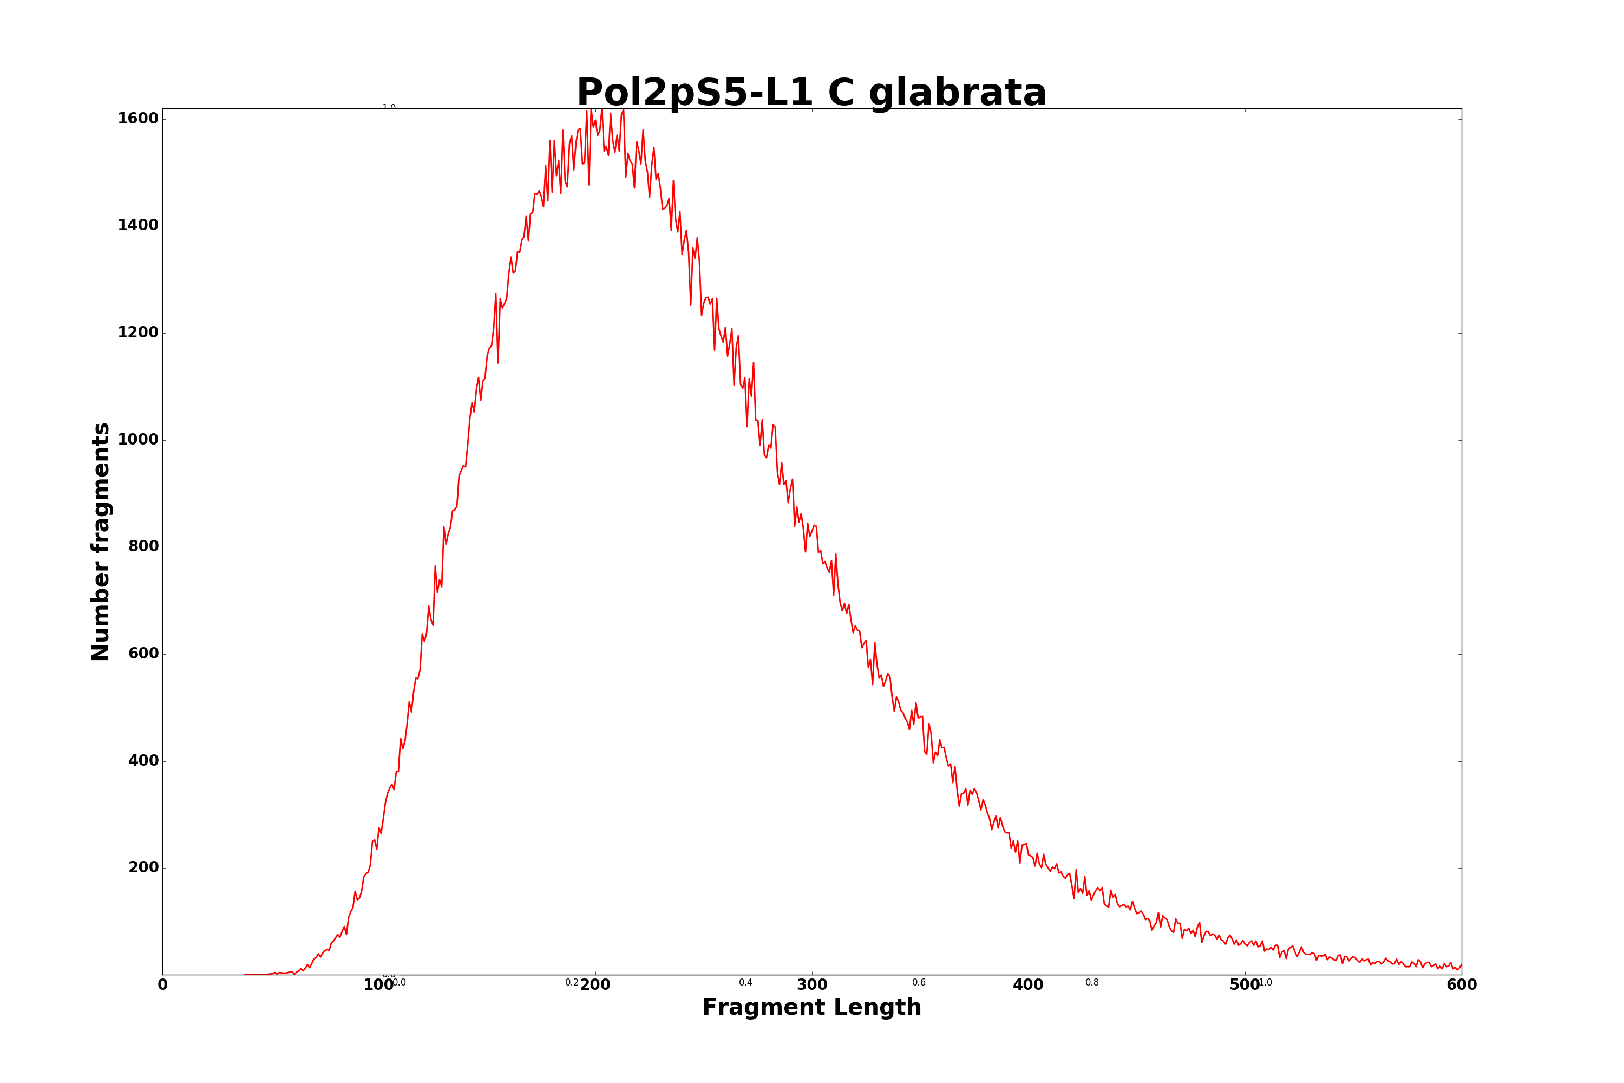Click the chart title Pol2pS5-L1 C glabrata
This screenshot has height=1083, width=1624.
point(811,93)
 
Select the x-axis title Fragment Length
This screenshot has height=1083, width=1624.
point(811,1007)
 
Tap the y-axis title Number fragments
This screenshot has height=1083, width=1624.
point(101,541)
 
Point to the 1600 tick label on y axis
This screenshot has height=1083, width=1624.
point(138,118)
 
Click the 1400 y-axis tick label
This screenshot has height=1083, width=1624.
point(138,225)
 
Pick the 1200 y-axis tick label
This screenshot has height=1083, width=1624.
point(138,332)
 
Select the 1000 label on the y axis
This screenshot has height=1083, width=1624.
point(138,439)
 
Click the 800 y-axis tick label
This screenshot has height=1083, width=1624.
point(143,546)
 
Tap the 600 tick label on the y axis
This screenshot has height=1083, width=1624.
point(143,654)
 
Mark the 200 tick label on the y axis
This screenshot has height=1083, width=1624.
point(143,867)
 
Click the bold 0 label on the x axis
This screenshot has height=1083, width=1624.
point(163,985)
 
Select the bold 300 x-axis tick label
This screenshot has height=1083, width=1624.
point(812,985)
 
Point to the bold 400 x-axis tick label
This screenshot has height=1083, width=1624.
point(1028,985)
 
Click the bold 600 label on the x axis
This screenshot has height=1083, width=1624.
point(1461,985)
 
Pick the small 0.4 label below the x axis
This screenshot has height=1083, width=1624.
point(746,982)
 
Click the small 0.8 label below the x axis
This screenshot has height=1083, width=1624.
point(1092,982)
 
